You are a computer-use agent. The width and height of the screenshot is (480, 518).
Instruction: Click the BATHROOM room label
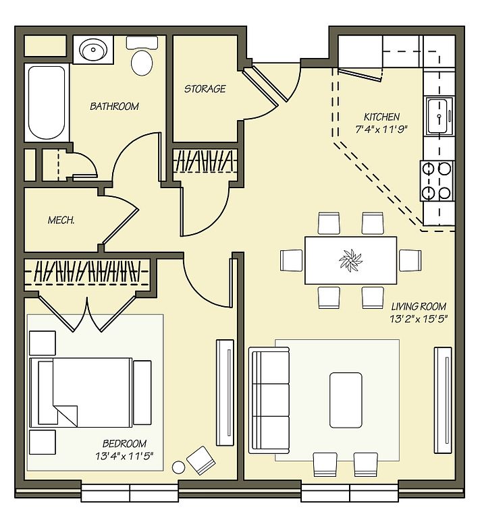pos(114,107)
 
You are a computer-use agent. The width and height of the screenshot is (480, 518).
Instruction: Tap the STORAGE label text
pos(205,88)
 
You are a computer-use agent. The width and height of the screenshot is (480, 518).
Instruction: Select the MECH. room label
pos(61,220)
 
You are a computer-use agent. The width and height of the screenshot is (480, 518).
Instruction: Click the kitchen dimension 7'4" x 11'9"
pos(382,129)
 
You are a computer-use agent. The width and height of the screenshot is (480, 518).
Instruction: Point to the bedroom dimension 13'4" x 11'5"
pos(124,456)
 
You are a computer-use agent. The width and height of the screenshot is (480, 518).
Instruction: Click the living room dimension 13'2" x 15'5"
pos(419,319)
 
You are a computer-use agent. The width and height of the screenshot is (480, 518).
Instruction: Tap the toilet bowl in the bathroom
pos(142,62)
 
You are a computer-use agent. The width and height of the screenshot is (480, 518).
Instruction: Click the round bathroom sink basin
pos(93,50)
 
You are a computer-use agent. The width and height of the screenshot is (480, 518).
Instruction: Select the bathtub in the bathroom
pos(47,103)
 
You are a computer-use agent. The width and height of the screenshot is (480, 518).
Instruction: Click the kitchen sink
pos(439,116)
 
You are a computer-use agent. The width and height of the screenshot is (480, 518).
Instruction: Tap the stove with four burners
pos(437,181)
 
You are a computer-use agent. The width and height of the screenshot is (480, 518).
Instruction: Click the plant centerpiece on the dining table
pos(350,260)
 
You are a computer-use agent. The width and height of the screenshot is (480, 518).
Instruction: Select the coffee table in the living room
pos(346,400)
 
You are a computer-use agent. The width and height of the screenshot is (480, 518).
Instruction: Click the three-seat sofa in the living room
pos(269,400)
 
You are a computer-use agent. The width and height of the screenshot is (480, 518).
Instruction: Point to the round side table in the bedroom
pos(178,467)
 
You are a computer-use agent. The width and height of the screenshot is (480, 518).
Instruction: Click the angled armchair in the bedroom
pos(201,461)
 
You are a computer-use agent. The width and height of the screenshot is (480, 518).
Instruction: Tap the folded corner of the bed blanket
pos(65,415)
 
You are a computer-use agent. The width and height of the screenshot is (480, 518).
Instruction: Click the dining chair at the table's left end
pos(291,260)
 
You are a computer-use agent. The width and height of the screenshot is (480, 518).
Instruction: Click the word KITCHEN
pos(382,117)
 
